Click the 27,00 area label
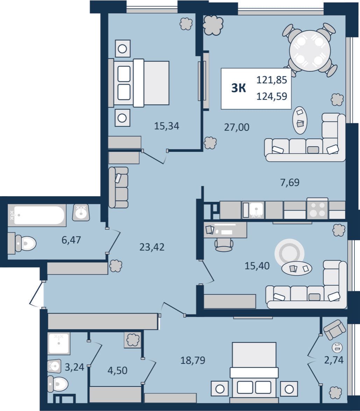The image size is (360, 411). click(x=237, y=127)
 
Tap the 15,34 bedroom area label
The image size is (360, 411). click(x=167, y=126)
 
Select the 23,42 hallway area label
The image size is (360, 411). click(x=152, y=247)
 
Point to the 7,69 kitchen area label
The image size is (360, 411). click(x=290, y=182)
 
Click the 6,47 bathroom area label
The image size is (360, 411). click(x=71, y=240)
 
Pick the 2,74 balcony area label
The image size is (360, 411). click(x=334, y=360)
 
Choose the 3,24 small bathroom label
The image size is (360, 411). click(x=75, y=367)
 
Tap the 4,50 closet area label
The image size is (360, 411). click(x=118, y=370)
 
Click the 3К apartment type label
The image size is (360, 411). click(x=239, y=88)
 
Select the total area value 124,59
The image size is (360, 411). click(x=271, y=97)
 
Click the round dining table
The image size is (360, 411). click(x=310, y=51)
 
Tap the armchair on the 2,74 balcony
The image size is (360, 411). click(x=334, y=329)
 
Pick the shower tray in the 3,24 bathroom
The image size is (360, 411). click(x=59, y=343)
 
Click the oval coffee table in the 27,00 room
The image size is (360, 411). click(x=300, y=120)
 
